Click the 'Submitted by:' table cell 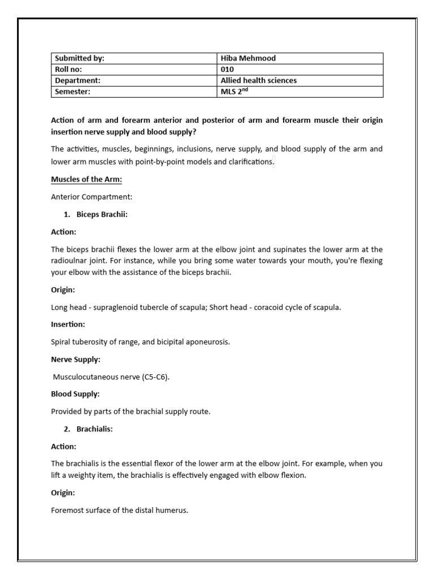coord(80,58)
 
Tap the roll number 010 coord(227,70)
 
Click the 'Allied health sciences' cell coord(258,80)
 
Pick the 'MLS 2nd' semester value coord(234,92)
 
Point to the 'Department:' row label coord(77,80)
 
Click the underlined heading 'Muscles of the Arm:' coord(86,179)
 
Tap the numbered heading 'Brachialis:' coord(94,429)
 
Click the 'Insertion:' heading coord(68,325)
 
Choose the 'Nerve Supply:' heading coord(76,359)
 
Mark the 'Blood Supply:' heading coord(75,394)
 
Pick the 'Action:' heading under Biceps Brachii coord(63,232)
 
